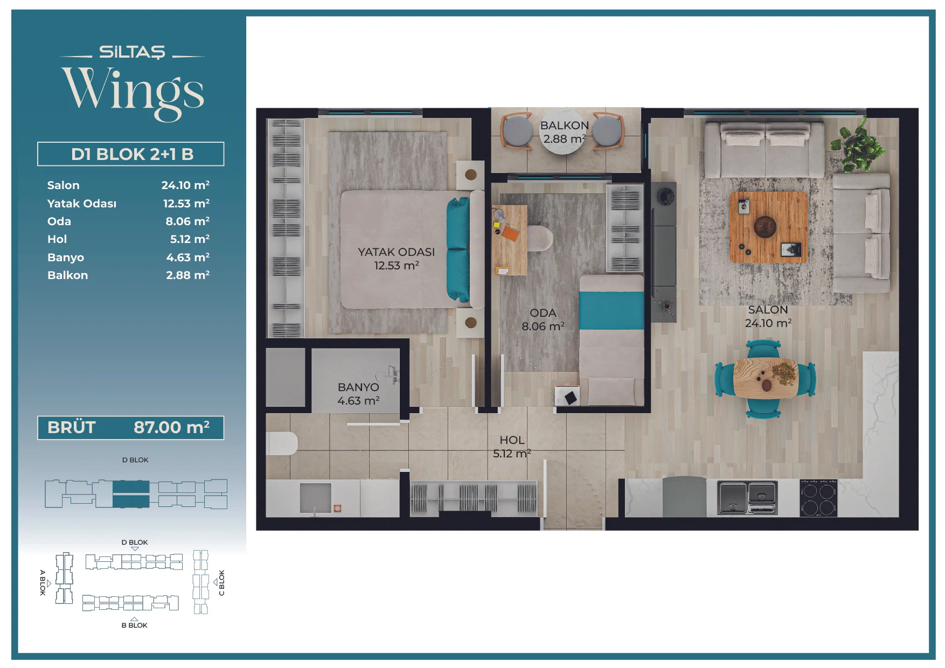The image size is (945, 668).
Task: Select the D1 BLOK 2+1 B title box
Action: [130, 154]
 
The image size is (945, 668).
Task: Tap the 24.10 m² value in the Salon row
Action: [185, 185]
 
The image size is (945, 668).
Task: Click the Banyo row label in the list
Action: [66, 258]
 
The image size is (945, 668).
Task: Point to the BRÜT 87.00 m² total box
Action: [130, 428]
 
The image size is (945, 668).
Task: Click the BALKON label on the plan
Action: [564, 126]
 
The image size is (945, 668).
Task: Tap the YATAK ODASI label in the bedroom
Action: [396, 252]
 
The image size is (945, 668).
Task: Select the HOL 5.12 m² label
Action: [512, 447]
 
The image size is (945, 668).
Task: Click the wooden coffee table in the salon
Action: [769, 227]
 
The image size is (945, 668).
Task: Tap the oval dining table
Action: [765, 378]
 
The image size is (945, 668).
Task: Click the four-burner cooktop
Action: [818, 498]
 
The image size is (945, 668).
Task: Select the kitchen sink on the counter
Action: [747, 498]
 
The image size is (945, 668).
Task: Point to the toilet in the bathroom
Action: [282, 443]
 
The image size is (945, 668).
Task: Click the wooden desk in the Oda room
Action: [509, 240]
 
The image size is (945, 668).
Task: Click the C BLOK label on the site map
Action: [221, 583]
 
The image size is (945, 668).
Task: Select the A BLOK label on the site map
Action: [43, 582]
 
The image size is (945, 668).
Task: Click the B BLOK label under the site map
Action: [134, 625]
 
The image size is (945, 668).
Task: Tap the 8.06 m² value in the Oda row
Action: [187, 221]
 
